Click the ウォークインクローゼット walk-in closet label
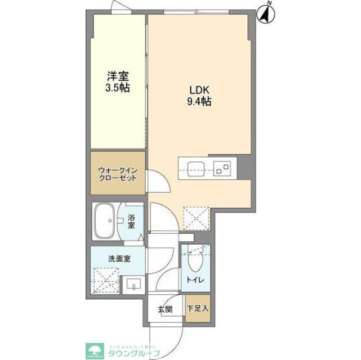117,173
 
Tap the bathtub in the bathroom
106,220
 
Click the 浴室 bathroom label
131,220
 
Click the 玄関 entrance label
164,309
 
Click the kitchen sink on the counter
197,166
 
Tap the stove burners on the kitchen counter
224,166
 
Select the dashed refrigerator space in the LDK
197,216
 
